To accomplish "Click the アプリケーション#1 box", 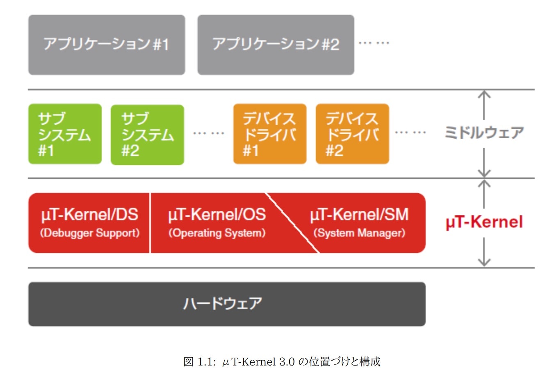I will point(107,45).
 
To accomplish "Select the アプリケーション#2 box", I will point(276,45).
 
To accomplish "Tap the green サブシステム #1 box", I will point(65,134).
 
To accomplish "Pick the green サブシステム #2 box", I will point(147,135).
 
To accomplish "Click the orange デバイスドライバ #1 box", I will point(269,134).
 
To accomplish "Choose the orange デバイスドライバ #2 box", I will point(352,134).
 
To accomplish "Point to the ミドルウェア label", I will point(484,133).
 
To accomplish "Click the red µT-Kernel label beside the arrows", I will point(484,222).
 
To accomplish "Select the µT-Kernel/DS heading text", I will point(89,215).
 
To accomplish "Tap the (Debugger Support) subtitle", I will point(89,233).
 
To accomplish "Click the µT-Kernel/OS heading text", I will point(217,215).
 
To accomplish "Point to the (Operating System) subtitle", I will point(217,233).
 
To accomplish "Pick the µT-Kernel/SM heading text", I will point(359,215).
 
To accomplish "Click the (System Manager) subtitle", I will point(359,233).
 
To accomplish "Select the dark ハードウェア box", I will point(226,304).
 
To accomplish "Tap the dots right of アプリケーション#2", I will point(374,43).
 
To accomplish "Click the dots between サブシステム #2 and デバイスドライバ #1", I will point(208,133).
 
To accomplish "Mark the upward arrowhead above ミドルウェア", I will point(484,94).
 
